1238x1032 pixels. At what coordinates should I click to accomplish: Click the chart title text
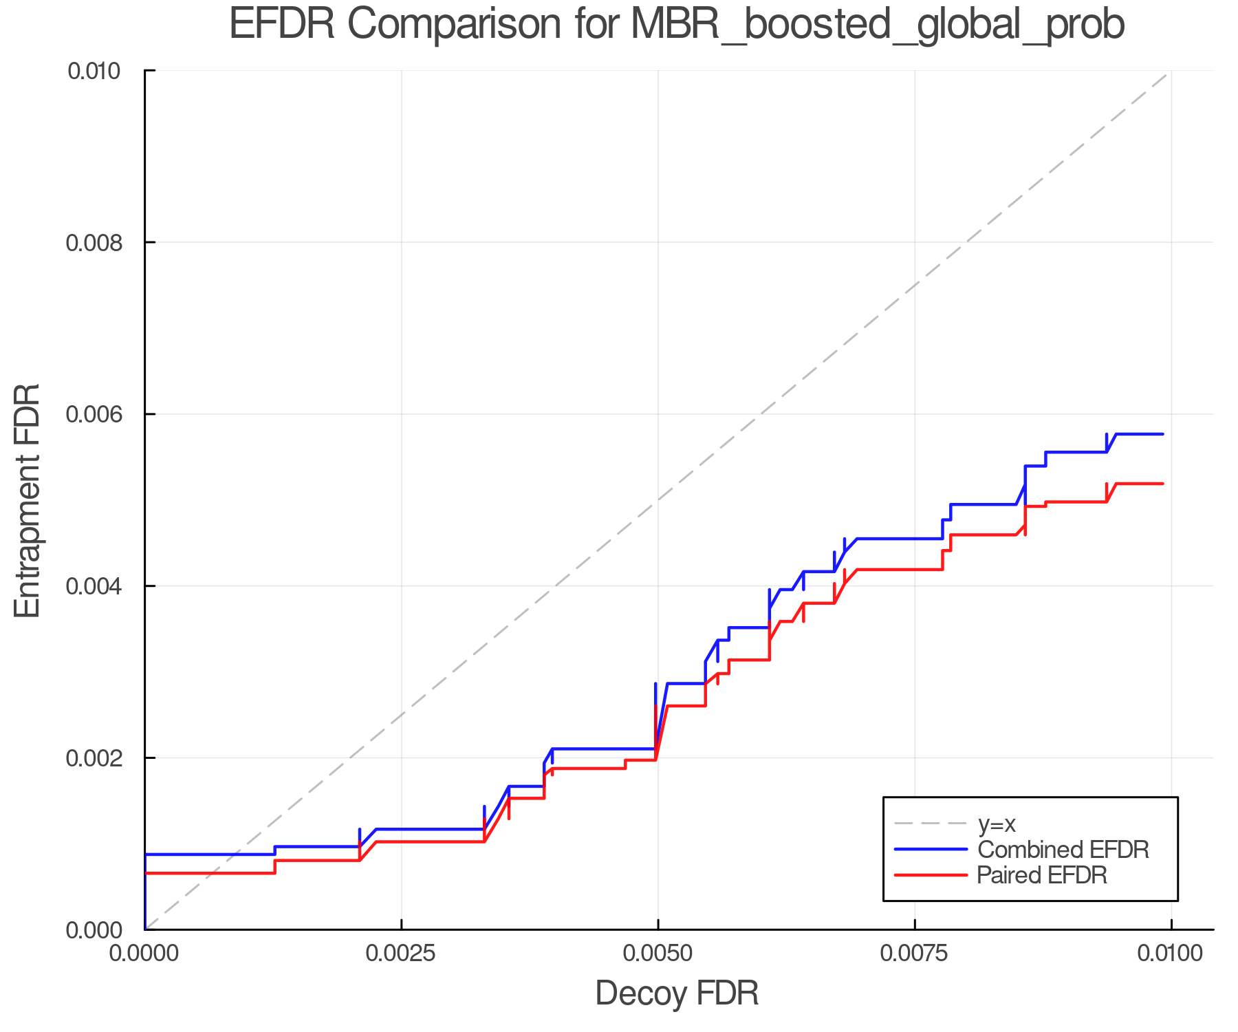tap(677, 25)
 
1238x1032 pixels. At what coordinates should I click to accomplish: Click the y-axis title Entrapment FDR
tap(28, 500)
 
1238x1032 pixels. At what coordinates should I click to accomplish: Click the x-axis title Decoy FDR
tap(677, 993)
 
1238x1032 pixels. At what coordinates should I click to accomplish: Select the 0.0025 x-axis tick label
tap(402, 954)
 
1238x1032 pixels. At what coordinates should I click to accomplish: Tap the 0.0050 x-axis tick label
tap(658, 954)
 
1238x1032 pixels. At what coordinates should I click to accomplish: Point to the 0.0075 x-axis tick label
tap(915, 954)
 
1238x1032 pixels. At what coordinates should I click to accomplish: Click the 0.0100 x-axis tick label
tap(1171, 954)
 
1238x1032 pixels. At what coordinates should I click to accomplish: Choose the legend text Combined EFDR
tap(1063, 850)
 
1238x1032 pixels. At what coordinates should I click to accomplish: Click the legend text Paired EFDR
tap(1042, 875)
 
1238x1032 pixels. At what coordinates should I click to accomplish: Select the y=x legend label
tap(997, 824)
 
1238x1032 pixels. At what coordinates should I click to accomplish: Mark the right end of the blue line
tap(1162, 434)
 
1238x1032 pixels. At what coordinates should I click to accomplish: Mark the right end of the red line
tap(1162, 484)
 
